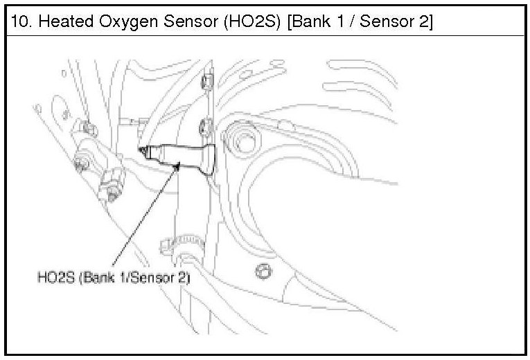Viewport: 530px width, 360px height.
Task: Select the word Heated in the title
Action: click(x=66, y=21)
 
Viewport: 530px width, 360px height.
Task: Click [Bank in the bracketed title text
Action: click(x=309, y=21)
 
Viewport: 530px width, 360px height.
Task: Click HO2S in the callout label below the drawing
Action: click(x=56, y=278)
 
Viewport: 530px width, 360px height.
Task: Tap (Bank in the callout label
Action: click(x=96, y=278)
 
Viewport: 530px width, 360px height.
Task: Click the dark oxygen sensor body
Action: click(x=179, y=157)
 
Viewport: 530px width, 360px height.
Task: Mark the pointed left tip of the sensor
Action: click(x=139, y=149)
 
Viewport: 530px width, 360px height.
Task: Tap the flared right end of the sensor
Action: click(x=209, y=159)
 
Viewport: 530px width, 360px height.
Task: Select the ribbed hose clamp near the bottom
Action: click(x=182, y=245)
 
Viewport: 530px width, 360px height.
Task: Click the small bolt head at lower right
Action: click(x=263, y=271)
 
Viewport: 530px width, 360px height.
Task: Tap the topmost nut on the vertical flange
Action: click(x=207, y=82)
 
